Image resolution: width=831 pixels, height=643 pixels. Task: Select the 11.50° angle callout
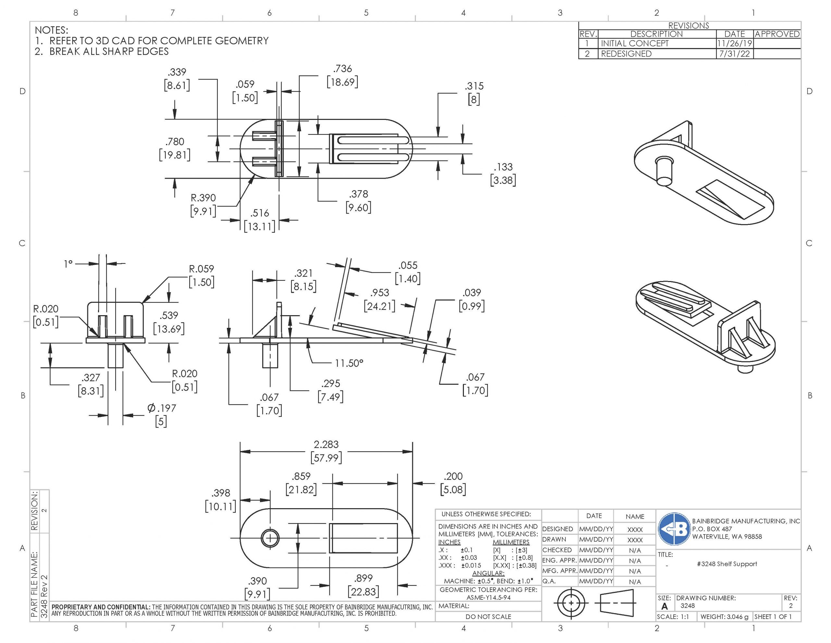coord(349,363)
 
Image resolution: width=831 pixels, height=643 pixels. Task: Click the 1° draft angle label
coord(68,264)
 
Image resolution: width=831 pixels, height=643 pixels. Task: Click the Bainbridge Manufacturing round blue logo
coord(674,529)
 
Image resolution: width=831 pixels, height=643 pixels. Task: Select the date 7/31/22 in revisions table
coord(734,54)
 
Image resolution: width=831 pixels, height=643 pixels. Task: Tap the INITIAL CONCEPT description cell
coord(634,44)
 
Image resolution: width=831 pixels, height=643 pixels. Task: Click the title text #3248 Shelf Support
coord(727,564)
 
